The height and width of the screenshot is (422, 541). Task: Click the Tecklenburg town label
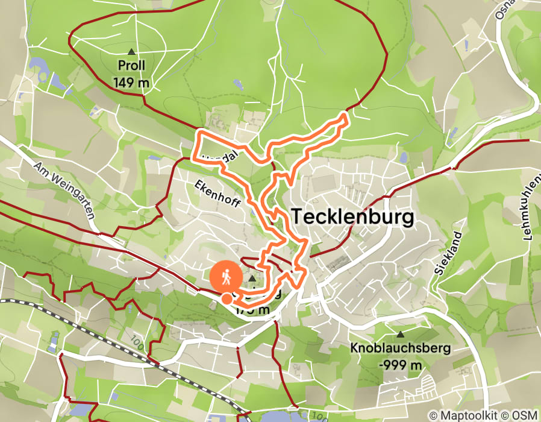pos(353,217)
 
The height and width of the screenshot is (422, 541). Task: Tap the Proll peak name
pos(131,66)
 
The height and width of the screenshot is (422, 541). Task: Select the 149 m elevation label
pos(131,82)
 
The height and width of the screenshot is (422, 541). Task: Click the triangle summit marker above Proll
pos(131,51)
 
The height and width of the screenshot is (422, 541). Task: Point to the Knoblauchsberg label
pos(400,348)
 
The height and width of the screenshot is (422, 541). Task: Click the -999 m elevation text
pos(400,364)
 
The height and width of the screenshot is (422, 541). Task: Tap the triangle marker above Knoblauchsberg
pos(400,334)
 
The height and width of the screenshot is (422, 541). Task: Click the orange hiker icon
pos(226,277)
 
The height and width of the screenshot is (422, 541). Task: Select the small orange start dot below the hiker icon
pos(227,298)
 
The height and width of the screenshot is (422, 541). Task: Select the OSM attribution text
pos(523,415)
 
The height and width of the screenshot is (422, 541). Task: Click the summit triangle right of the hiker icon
pos(252,279)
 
